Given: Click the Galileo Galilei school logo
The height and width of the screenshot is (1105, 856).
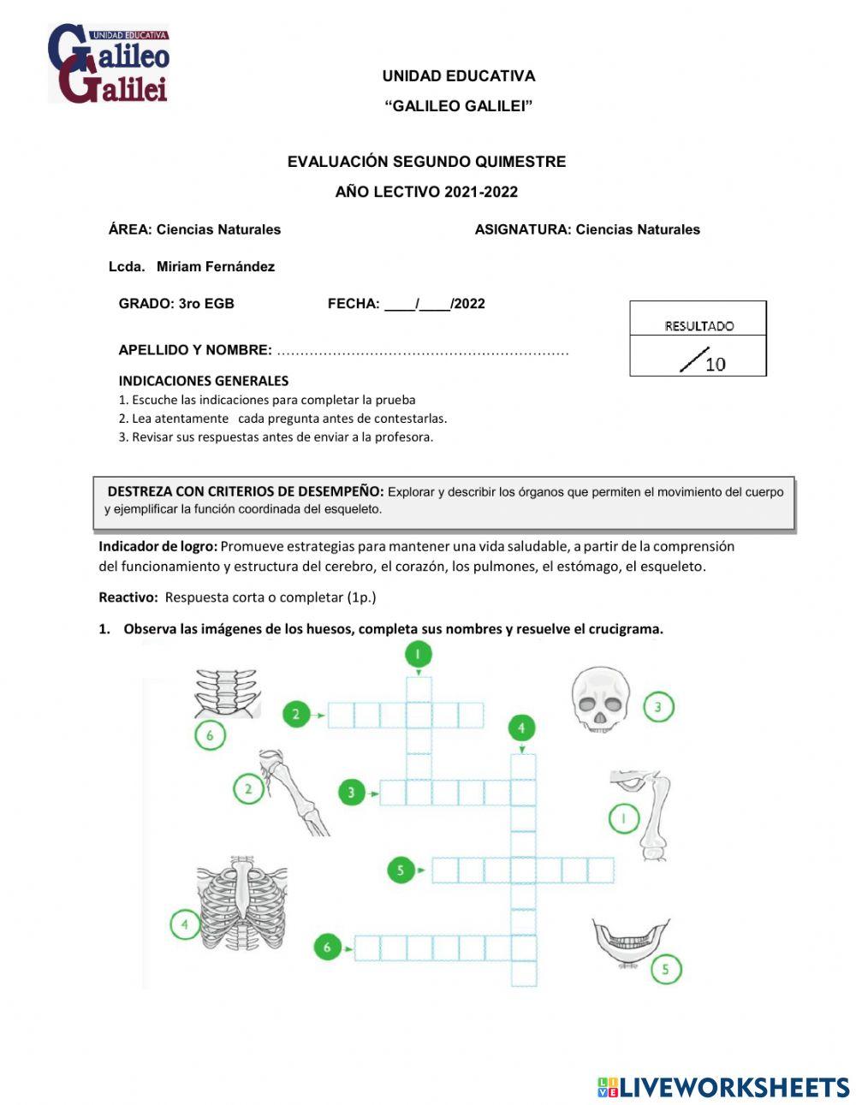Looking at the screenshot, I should click(109, 64).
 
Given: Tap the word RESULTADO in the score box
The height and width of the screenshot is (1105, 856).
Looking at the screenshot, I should click(698, 326).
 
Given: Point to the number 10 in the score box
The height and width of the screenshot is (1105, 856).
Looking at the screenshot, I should click(715, 364).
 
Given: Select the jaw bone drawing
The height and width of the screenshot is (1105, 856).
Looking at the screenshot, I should click(630, 942).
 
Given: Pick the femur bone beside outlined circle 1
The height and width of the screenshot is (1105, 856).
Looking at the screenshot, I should click(652, 813).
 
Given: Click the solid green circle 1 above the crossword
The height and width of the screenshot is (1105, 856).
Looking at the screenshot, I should click(418, 656).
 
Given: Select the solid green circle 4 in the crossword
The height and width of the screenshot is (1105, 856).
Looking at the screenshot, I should click(521, 728).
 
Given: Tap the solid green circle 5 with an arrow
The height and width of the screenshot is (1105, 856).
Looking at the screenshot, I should click(400, 870).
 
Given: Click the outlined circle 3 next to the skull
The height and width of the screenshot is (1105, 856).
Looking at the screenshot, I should click(657, 707).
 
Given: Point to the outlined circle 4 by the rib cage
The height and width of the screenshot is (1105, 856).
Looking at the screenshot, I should click(185, 924).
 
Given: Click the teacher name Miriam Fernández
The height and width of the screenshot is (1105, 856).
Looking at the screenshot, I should click(215, 266).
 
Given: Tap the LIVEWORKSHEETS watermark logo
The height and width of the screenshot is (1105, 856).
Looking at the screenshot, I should click(723, 1087).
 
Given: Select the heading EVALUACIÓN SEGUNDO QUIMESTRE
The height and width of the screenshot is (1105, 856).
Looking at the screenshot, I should click(426, 162).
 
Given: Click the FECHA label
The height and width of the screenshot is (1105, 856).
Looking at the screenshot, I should click(353, 303).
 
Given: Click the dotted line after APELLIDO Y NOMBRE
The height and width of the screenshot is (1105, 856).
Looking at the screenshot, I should click(423, 351).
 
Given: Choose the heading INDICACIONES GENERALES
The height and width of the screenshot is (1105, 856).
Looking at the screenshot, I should click(203, 381).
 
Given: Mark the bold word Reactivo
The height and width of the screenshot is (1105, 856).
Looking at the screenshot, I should click(128, 597).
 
